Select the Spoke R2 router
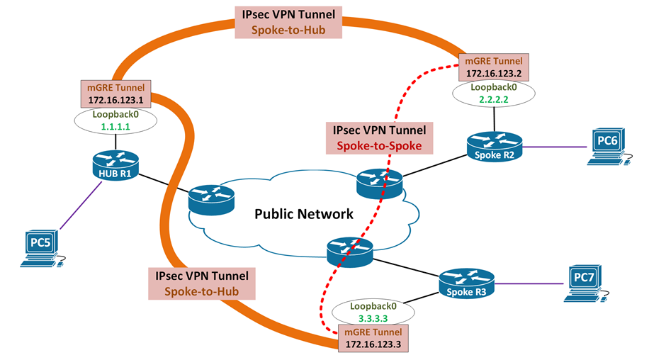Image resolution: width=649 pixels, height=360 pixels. (x=494, y=147)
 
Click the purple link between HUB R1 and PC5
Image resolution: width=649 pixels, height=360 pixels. (x=80, y=206)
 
